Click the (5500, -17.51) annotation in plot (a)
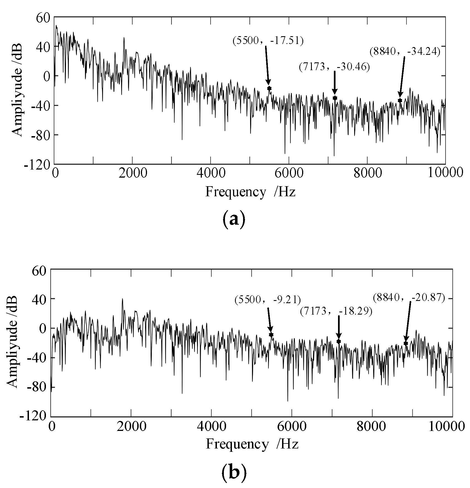click(x=268, y=41)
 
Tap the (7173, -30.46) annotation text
click(x=334, y=67)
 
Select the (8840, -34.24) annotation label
click(x=405, y=52)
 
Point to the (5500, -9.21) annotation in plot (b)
click(x=268, y=300)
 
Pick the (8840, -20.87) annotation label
click(x=409, y=298)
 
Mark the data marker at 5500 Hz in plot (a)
click(x=269, y=88)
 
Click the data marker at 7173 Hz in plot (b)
click(x=339, y=341)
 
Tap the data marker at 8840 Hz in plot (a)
click(x=400, y=100)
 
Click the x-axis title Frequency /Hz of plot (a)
click(x=250, y=192)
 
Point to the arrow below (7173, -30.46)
click(x=335, y=83)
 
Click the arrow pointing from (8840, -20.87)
click(x=408, y=320)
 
